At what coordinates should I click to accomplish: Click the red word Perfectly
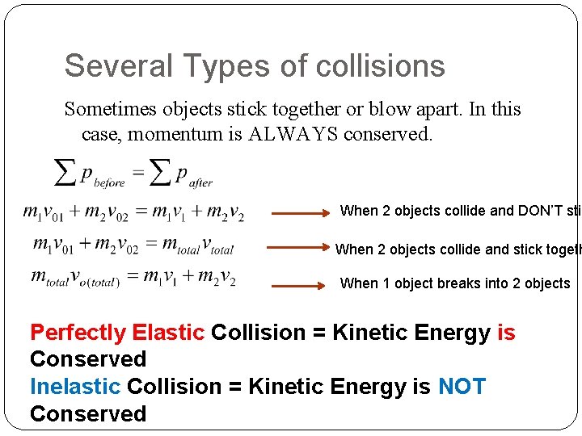coord(78,333)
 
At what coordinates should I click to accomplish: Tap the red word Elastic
coord(168,333)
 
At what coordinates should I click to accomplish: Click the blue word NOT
coord(462,387)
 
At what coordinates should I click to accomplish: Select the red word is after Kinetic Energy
coord(506,333)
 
